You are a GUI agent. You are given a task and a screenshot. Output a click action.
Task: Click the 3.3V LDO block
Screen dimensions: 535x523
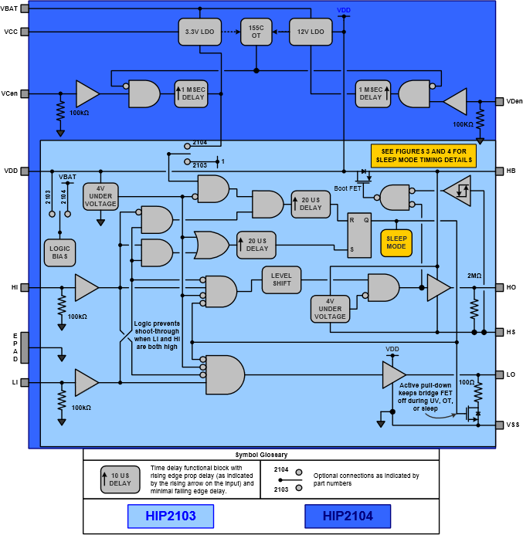[199, 32]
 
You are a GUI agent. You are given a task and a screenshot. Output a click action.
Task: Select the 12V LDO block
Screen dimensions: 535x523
[310, 32]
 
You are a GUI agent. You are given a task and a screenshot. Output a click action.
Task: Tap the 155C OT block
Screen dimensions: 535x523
[255, 32]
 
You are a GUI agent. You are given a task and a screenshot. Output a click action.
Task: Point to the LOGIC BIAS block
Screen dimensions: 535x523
[59, 252]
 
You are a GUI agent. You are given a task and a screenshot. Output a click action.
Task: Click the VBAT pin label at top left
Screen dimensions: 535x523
[10, 8]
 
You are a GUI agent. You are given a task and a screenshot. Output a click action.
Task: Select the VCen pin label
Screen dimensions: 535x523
[10, 93]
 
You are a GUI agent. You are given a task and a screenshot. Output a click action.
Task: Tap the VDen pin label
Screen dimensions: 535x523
[514, 101]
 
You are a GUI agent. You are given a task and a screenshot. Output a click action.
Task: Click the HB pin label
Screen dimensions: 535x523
[511, 171]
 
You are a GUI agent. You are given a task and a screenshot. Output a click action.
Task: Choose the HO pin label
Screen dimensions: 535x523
[511, 287]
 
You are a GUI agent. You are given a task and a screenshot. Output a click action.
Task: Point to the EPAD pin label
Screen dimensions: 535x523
[15, 347]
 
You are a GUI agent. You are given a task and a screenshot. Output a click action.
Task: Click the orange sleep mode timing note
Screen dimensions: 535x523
[423, 155]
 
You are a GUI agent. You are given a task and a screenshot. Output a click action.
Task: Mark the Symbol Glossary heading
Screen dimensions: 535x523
[261, 455]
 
